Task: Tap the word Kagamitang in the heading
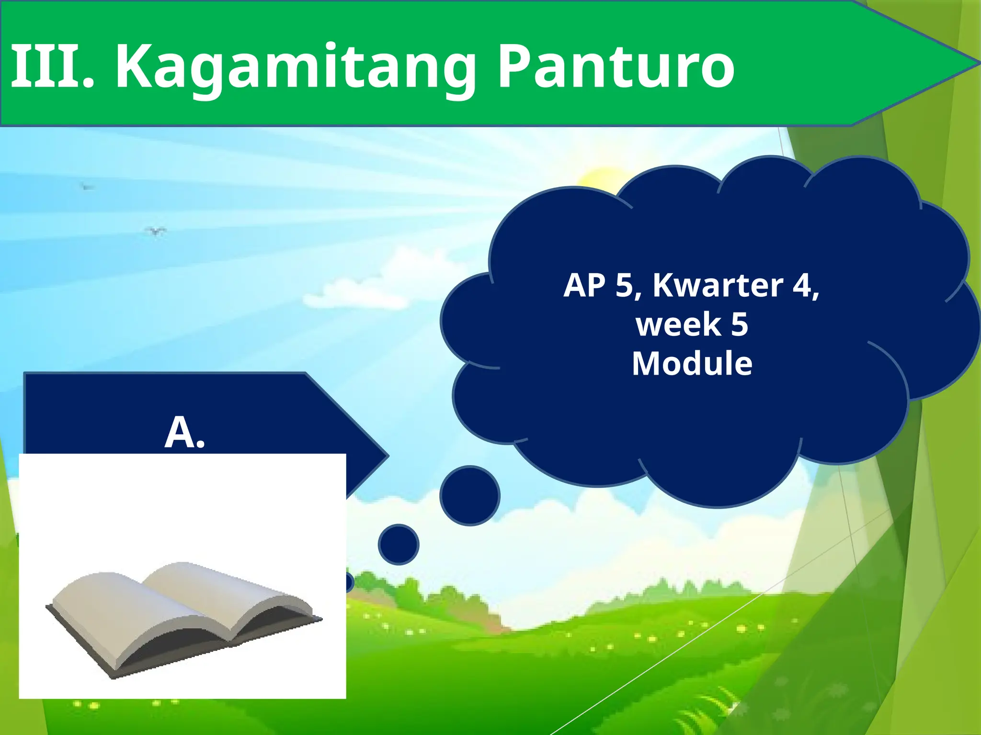click(295, 67)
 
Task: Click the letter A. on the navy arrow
click(185, 432)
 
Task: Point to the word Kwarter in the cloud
click(718, 285)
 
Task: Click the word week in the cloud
click(678, 325)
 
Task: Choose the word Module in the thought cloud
click(692, 364)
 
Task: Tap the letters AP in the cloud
click(584, 285)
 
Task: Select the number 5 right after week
click(740, 325)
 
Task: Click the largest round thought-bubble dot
click(470, 496)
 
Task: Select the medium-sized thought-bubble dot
click(398, 545)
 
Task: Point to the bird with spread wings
click(156, 232)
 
